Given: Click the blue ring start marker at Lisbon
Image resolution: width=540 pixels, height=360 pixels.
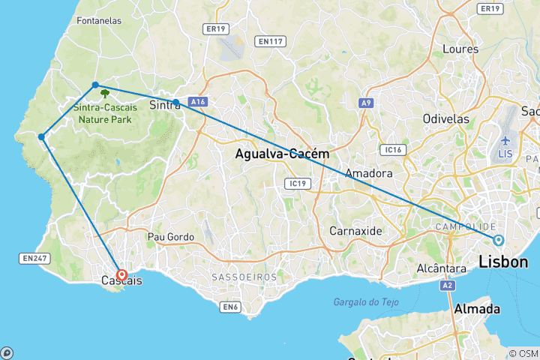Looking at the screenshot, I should [498, 240].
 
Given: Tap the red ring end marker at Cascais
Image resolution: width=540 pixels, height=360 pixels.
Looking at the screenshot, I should [121, 275].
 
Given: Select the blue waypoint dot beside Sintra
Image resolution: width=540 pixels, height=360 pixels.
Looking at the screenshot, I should [175, 102].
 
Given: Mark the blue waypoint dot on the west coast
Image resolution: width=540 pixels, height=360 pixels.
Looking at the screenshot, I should [42, 136].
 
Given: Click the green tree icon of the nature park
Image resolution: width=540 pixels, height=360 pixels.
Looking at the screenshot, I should [104, 94].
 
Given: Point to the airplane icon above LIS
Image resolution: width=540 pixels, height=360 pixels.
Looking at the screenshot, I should [504, 141].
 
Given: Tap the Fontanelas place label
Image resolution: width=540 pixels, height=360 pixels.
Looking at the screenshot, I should [99, 21].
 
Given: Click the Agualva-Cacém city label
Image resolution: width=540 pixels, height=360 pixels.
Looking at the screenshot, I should [282, 154].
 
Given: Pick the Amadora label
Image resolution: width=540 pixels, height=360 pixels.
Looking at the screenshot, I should [368, 173].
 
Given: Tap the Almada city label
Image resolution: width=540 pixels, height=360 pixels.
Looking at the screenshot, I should [475, 309].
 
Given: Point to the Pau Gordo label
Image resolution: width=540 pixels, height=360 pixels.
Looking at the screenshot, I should [170, 237].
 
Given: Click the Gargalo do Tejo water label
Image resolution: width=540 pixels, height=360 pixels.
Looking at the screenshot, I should [366, 301].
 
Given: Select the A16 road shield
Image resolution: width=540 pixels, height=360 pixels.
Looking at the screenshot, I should [197, 100].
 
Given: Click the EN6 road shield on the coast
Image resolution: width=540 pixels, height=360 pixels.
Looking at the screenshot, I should [229, 306].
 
